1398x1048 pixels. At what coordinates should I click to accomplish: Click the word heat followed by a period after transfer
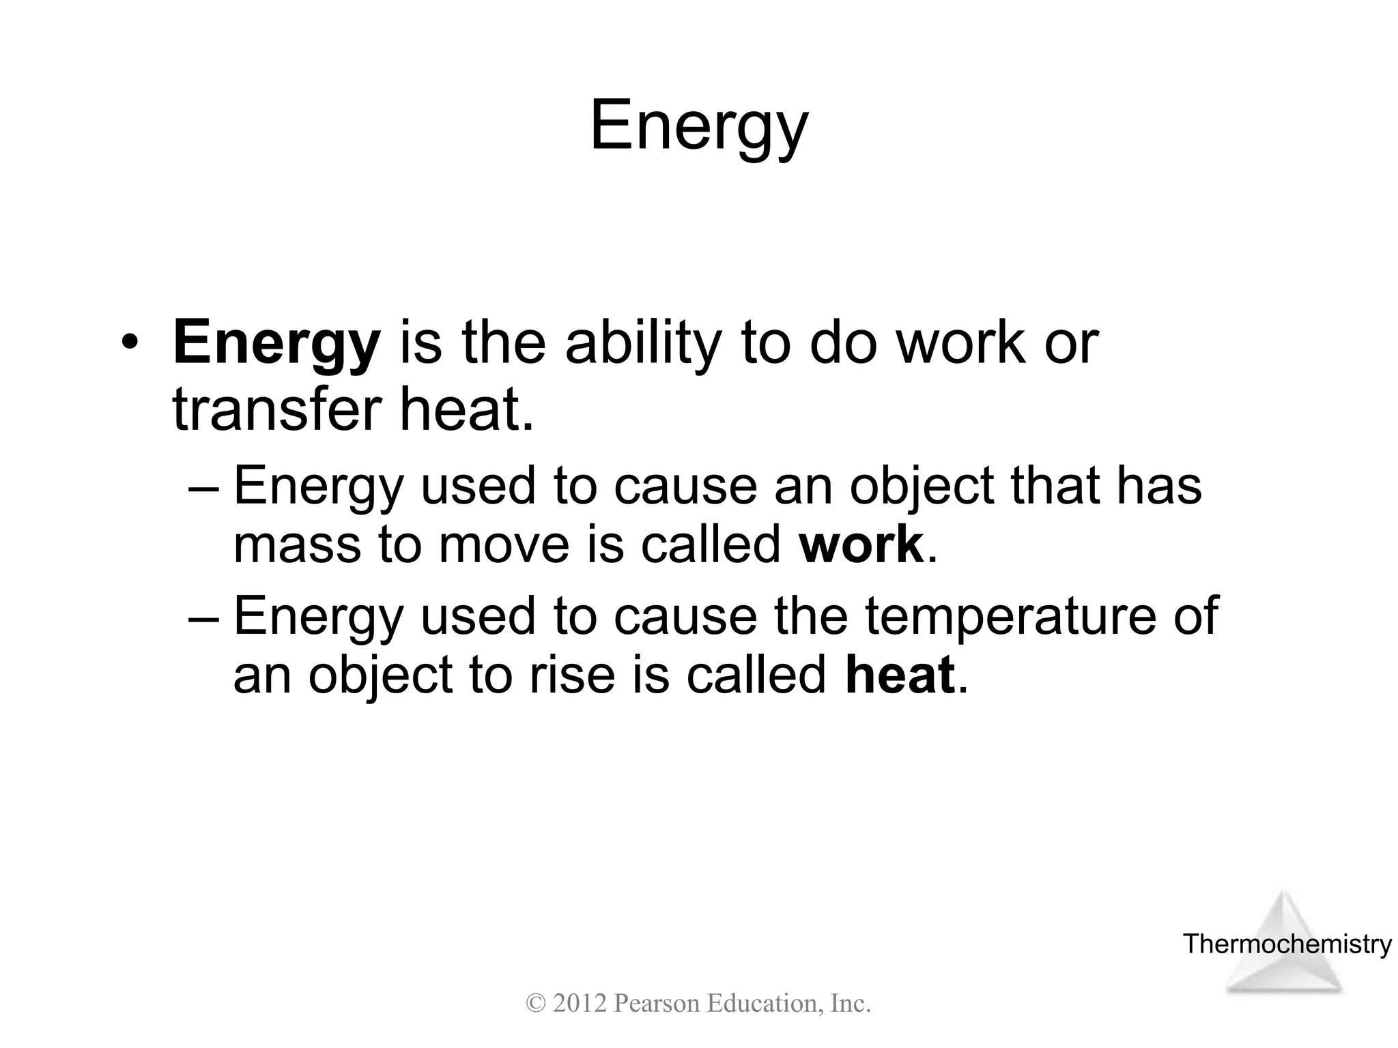pyautogui.click(x=464, y=410)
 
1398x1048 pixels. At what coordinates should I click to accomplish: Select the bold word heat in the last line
pyautogui.click(x=899, y=675)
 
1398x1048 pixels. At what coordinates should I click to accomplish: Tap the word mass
pyautogui.click(x=296, y=544)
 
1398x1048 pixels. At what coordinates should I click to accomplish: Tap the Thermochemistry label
pyautogui.click(x=1287, y=944)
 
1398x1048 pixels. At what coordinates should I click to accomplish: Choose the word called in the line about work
pyautogui.click(x=710, y=544)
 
